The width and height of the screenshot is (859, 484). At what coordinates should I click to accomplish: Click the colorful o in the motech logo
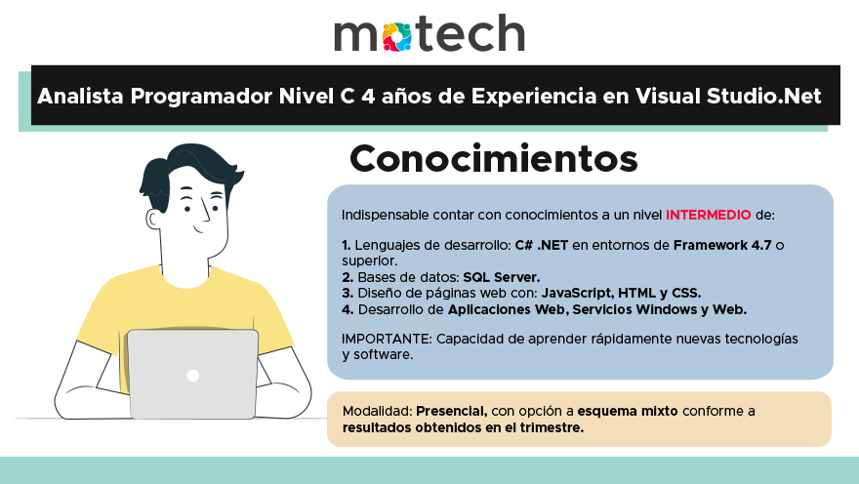395,35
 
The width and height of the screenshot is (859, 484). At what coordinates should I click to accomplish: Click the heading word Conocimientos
493,158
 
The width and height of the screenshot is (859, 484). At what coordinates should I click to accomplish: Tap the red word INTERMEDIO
708,215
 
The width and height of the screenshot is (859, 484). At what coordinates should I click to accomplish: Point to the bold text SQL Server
501,277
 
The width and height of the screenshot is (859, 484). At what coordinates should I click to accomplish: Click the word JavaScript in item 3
577,293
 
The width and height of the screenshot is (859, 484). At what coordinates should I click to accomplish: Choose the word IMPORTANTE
386,339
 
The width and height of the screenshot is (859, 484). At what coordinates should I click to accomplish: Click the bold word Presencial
452,411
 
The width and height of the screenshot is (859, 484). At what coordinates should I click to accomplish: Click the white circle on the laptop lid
193,376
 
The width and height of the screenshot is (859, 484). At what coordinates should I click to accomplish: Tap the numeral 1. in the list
347,244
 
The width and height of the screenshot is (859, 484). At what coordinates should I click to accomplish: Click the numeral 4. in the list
348,309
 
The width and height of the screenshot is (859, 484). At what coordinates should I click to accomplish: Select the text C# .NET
539,244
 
